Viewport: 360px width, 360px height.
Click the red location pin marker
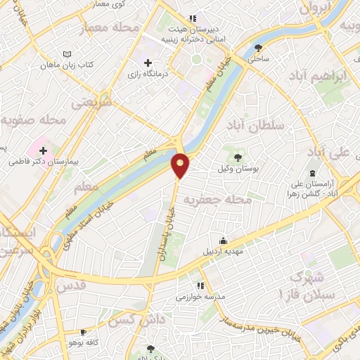(x=181, y=165)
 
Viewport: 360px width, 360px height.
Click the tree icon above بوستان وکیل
(x=237, y=157)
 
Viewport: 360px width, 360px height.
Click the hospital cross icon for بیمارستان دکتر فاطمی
(x=44, y=150)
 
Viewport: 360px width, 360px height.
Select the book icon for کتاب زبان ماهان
(x=67, y=55)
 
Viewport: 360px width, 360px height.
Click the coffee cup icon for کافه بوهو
(x=84, y=332)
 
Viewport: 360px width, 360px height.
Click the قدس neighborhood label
(x=73, y=285)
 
